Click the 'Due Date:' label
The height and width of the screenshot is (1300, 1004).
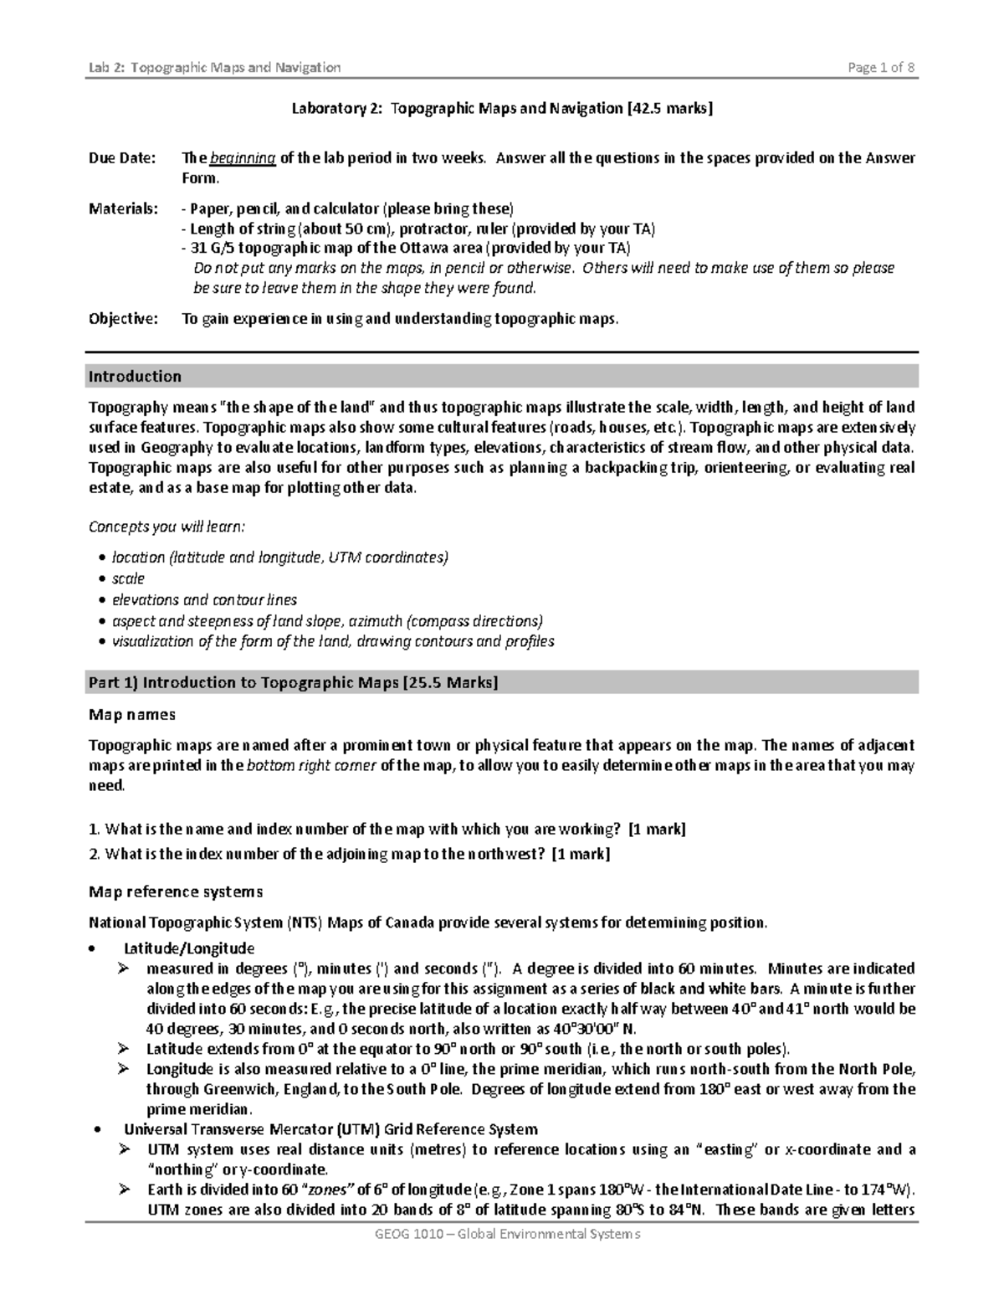pyautogui.click(x=122, y=158)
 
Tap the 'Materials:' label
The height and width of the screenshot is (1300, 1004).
pyautogui.click(x=123, y=208)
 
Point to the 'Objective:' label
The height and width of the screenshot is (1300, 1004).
pyautogui.click(x=123, y=319)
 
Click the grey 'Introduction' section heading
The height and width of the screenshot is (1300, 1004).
pyautogui.click(x=136, y=377)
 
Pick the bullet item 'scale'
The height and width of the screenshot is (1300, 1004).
pyautogui.click(x=128, y=579)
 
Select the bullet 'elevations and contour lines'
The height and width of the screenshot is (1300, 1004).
pyautogui.click(x=204, y=600)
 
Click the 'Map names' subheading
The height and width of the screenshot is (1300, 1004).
pyautogui.click(x=132, y=715)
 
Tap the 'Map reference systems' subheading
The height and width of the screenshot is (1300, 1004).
pyautogui.click(x=176, y=892)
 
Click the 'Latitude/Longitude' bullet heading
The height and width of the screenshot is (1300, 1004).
pyautogui.click(x=189, y=948)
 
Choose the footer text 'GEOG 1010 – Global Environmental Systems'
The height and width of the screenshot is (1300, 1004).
pyautogui.click(x=502, y=1235)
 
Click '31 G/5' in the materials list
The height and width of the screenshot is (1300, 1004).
pyautogui.click(x=213, y=249)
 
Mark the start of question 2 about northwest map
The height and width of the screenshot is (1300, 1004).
pyautogui.click(x=95, y=855)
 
